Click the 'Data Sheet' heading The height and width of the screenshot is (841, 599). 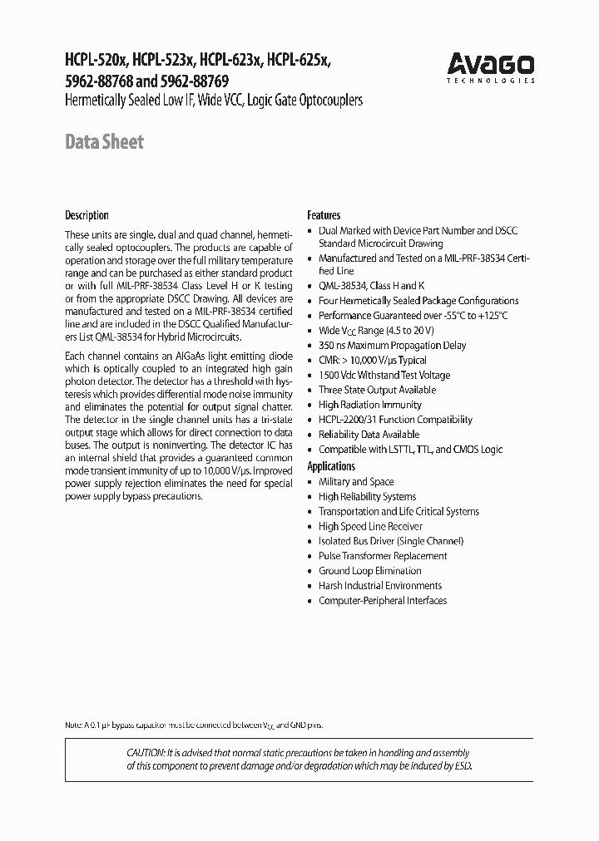click(104, 141)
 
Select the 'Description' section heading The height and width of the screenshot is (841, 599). click(87, 215)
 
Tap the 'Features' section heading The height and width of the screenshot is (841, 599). click(324, 215)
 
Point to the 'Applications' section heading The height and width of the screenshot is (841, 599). click(331, 466)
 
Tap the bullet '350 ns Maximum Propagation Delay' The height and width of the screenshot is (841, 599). click(392, 345)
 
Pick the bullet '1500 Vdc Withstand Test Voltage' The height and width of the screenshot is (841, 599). click(384, 375)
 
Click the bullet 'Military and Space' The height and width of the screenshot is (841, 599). click(356, 482)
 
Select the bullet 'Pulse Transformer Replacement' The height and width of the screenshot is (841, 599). click(383, 556)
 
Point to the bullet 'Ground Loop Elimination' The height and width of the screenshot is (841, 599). click(369, 571)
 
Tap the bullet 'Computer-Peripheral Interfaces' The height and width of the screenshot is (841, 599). click(383, 601)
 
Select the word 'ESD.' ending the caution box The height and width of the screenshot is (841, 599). click(463, 765)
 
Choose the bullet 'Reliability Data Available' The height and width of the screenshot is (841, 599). click(369, 435)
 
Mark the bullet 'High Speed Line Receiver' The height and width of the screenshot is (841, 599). click(370, 526)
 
